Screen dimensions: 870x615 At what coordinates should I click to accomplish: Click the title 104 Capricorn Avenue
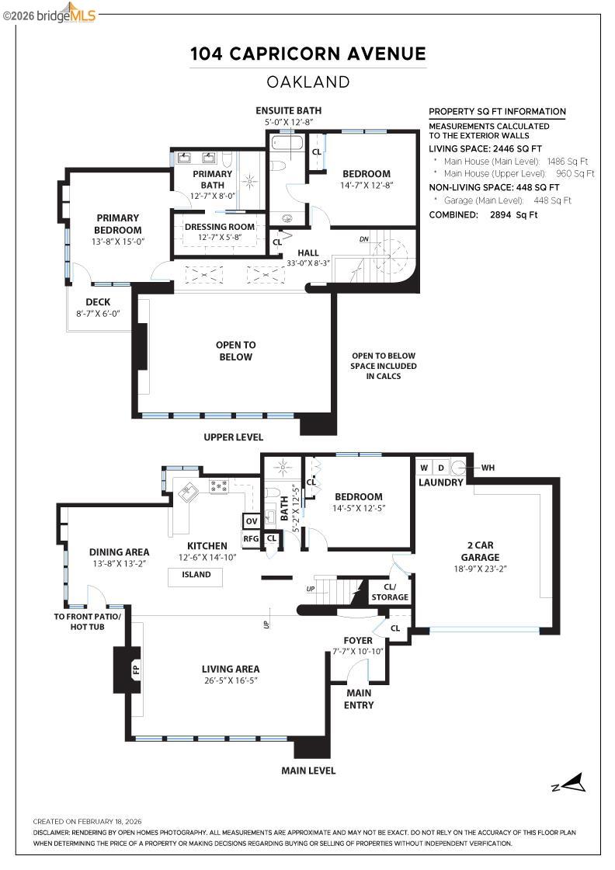click(x=308, y=54)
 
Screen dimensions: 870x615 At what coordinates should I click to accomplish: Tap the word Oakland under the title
click(x=308, y=82)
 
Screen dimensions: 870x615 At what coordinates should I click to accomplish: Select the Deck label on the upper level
click(x=97, y=302)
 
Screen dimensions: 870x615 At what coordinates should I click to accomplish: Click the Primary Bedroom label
click(x=118, y=224)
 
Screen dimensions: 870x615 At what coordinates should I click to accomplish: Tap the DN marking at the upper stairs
click(x=364, y=239)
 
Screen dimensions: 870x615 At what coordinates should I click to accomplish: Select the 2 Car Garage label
click(x=479, y=551)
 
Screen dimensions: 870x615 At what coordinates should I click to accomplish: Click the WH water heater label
click(x=488, y=468)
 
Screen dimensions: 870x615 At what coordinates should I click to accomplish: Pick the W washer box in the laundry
click(x=424, y=468)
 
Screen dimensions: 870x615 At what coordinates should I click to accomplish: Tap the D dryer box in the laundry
click(x=441, y=468)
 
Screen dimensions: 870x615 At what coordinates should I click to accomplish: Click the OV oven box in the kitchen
click(x=251, y=521)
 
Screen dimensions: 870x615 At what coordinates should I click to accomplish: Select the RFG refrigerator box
click(x=251, y=538)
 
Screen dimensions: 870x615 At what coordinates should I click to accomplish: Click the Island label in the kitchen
click(x=195, y=576)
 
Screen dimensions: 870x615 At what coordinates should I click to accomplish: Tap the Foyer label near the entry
click(x=358, y=641)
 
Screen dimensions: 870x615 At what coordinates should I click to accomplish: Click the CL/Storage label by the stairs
click(x=390, y=592)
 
